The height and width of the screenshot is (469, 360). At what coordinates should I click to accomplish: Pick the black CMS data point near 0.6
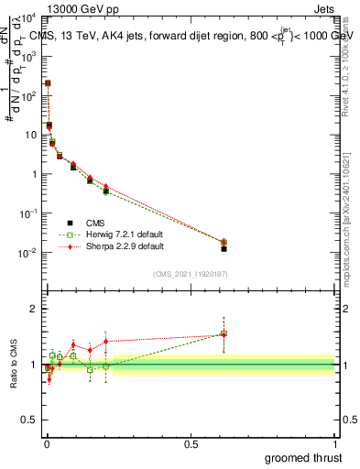[224, 248]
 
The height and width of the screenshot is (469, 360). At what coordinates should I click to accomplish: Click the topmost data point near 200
[47, 83]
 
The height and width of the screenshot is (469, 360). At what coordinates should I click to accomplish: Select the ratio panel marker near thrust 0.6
[224, 334]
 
